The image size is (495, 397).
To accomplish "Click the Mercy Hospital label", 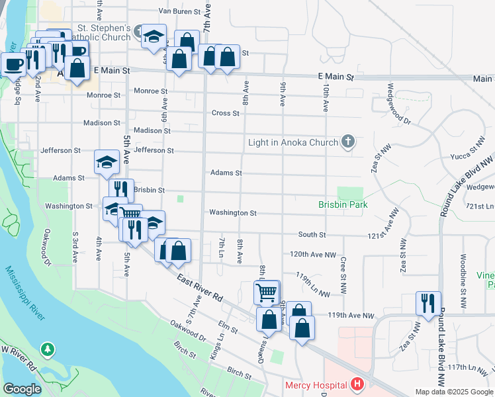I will tap(316, 385).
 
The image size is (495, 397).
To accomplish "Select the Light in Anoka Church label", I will tap(294, 142).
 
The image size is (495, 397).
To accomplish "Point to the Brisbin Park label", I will tap(342, 205).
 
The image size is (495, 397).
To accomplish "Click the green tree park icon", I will tap(48, 349).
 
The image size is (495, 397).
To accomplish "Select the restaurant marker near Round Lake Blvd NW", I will tap(428, 303).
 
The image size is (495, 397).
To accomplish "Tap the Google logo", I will tap(22, 389).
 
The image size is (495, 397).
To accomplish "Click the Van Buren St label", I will tap(179, 11).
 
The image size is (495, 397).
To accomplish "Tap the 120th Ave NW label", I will tap(313, 255).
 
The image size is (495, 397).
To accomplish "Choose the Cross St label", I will tap(225, 113).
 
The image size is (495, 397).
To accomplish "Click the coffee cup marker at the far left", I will tap(13, 64).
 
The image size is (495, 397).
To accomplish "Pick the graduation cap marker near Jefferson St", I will tap(106, 161).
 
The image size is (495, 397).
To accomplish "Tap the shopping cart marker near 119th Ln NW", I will tap(266, 291).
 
